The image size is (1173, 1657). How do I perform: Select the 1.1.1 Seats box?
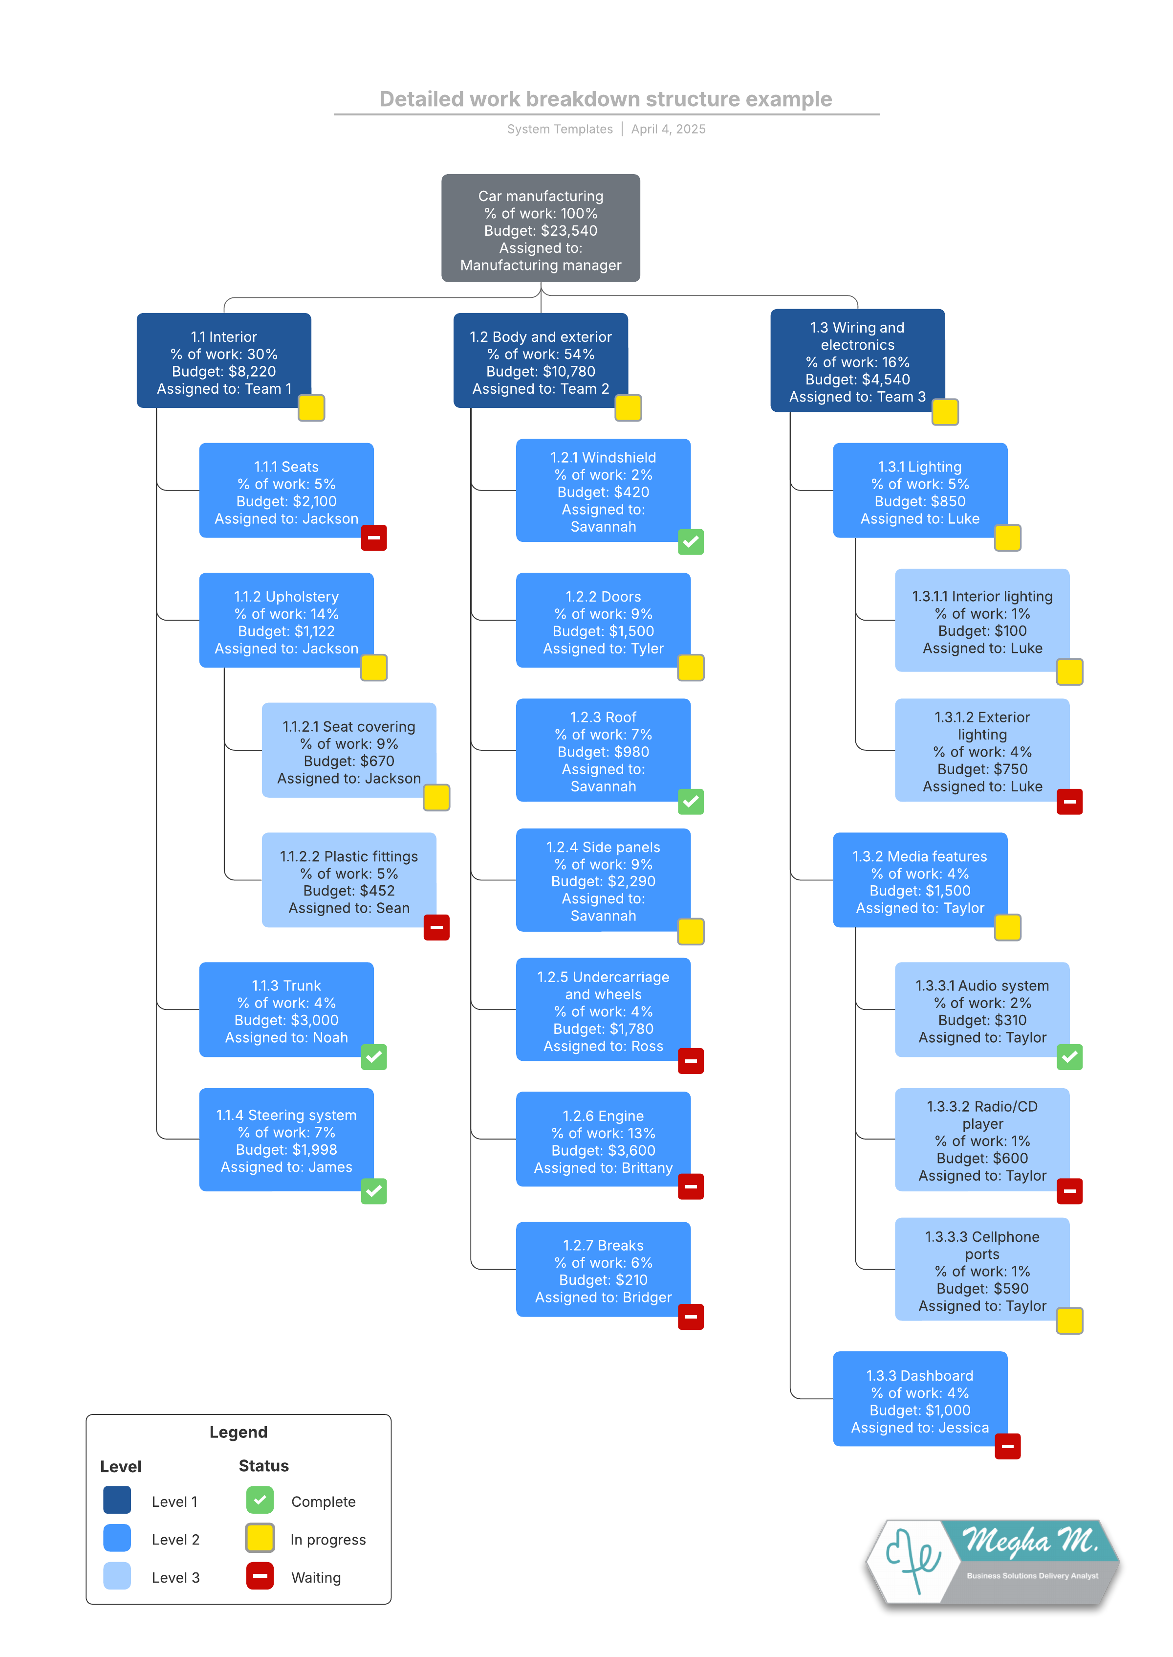coord(286,490)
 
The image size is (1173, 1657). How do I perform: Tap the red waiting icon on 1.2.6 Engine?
coord(691,1186)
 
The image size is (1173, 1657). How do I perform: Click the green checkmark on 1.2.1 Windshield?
coord(691,541)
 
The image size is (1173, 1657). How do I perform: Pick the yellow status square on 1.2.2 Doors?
coord(691,667)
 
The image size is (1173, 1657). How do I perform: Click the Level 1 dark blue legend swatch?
coord(117,1500)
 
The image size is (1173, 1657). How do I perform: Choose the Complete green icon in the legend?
coord(260,1500)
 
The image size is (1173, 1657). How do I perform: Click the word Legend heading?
coord(239,1432)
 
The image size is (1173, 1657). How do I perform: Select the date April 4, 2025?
coord(668,129)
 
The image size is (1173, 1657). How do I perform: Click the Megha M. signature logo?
coord(993,1563)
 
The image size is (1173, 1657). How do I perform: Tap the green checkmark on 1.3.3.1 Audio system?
coord(1069,1056)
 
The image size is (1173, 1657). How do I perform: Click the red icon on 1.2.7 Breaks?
coord(691,1316)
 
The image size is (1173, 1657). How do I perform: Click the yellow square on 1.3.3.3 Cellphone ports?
coord(1069,1320)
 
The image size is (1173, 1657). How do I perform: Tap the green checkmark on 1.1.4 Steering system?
coord(373,1190)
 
